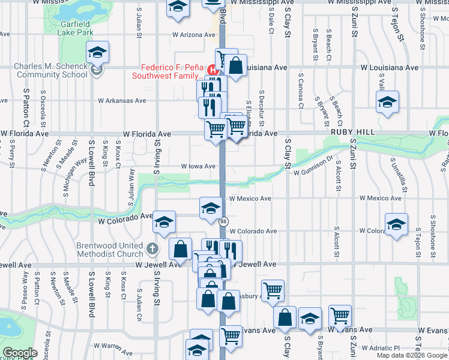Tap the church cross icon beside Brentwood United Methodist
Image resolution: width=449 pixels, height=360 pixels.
click(152, 247)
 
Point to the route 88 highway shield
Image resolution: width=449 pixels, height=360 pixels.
click(223, 221)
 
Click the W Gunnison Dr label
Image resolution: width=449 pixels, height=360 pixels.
click(313, 173)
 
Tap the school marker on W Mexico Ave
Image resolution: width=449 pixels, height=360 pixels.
click(211, 208)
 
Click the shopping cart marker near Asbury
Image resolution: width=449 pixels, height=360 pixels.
click(273, 290)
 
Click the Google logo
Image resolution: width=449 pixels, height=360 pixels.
click(20, 353)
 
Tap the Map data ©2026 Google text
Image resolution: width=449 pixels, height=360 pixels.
click(412, 355)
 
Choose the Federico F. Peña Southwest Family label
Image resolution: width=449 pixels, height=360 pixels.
click(172, 71)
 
